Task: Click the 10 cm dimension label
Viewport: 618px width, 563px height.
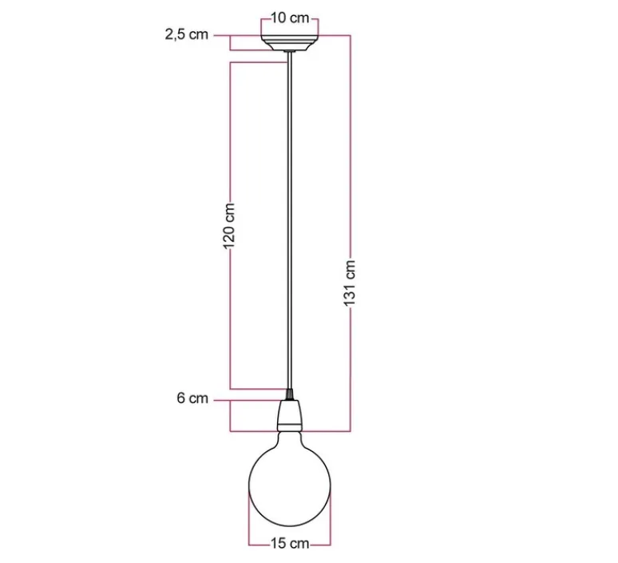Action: (x=290, y=18)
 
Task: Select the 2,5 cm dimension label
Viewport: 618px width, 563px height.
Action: (x=186, y=34)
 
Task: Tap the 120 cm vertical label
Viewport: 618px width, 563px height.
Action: (x=229, y=226)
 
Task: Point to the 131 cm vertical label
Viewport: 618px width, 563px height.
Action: (x=350, y=282)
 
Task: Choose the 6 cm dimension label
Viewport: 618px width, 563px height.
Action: (x=192, y=398)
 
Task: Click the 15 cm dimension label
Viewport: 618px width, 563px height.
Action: (x=290, y=544)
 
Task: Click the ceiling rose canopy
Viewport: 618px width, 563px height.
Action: (x=290, y=43)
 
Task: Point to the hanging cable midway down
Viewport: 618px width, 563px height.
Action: (x=290, y=220)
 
